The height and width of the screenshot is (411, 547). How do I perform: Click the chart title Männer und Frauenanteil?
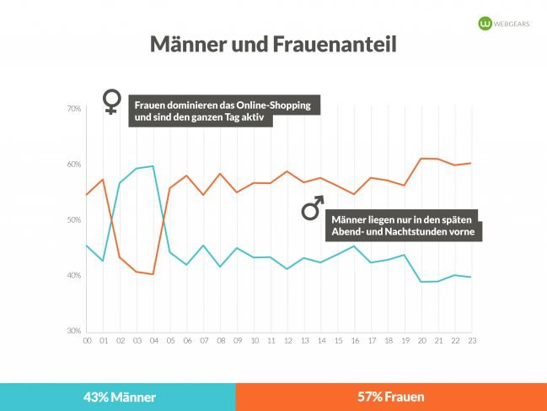point(273,45)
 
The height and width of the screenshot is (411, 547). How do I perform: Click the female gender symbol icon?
point(110,102)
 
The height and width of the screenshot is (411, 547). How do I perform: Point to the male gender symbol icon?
point(312,208)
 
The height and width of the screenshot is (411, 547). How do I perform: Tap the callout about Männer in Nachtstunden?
point(402,224)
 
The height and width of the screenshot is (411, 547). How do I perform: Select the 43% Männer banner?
point(118,397)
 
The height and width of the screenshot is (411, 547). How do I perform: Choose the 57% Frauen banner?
point(391,397)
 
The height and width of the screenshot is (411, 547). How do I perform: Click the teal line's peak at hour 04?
point(153,166)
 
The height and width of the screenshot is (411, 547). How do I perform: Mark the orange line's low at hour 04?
point(153,274)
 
